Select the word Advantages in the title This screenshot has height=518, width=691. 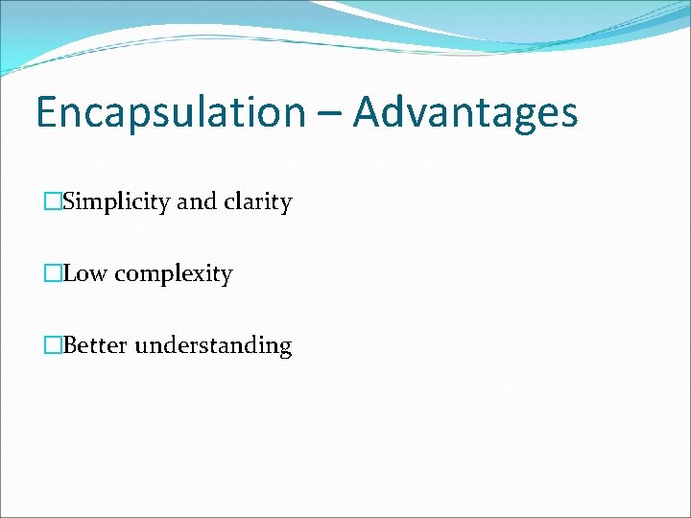click(465, 112)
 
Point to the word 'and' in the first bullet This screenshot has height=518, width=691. click(198, 202)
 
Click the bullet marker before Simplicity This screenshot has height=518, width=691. click(52, 202)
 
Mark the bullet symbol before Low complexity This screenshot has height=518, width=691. click(52, 274)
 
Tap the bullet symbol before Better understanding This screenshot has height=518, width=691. click(52, 345)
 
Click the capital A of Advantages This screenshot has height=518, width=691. click(368, 112)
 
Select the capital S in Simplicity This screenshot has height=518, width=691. click(69, 202)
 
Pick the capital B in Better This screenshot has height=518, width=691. click(70, 345)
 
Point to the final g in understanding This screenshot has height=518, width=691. click(284, 349)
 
